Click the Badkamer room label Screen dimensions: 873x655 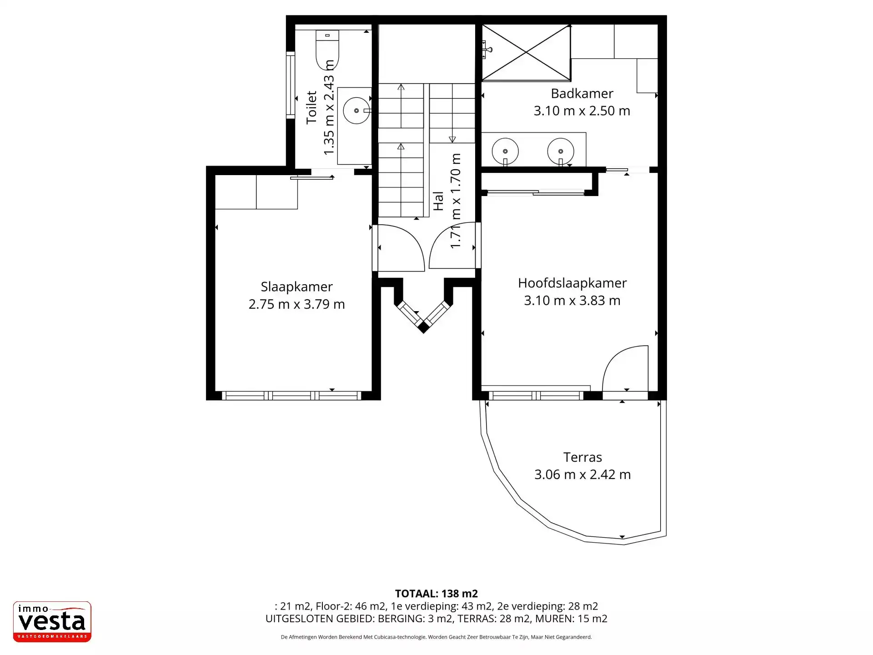tap(582, 93)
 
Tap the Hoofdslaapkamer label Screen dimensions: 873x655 tap(572, 283)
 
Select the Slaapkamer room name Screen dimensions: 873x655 tap(296, 287)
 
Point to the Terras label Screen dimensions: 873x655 tap(582, 457)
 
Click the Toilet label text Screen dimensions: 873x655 tap(311, 107)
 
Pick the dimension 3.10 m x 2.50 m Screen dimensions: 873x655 tap(582, 111)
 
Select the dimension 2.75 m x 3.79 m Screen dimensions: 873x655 tap(296, 304)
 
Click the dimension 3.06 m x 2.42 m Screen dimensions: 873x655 tap(582, 474)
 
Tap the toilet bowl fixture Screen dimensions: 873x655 tap(327, 49)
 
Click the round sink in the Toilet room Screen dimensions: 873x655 tap(356, 111)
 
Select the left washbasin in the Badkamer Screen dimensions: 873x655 tap(505, 151)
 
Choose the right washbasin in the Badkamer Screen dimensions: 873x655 tap(561, 151)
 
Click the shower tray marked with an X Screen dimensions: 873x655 tap(526, 53)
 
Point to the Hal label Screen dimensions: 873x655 tap(438, 201)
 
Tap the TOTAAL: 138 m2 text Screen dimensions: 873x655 tap(436, 594)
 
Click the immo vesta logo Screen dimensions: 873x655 tap(52, 622)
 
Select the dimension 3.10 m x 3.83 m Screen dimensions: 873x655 tap(572, 300)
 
